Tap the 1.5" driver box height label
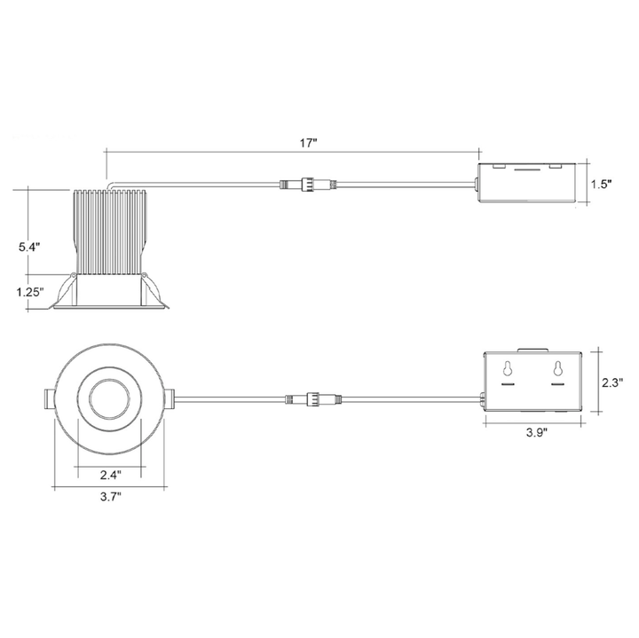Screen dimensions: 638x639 pyautogui.click(x=603, y=185)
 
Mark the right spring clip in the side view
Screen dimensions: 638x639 pyautogui.click(x=154, y=287)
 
